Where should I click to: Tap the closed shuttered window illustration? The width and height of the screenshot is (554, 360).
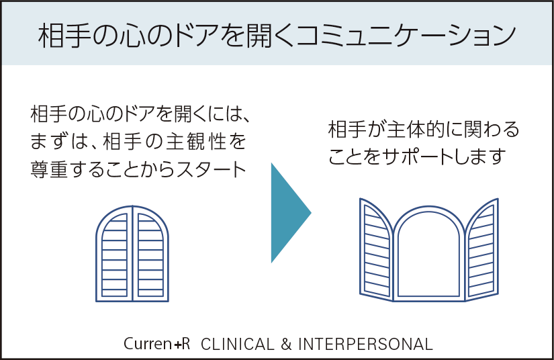point(132,253)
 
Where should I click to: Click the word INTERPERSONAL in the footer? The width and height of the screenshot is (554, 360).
point(365,344)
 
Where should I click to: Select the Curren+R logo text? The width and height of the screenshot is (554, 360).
point(156,344)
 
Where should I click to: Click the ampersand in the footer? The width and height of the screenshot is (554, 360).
point(286,344)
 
